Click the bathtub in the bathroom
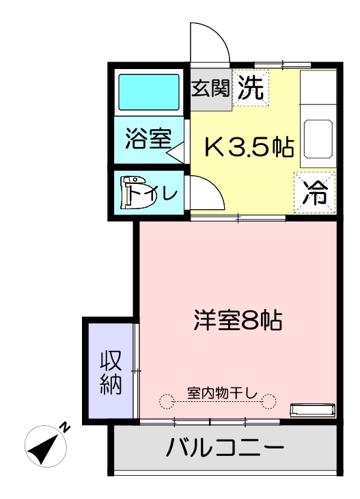click(x=149, y=92)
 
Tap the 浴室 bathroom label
click(x=148, y=139)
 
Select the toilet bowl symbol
click(x=138, y=192)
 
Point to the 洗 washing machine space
click(x=251, y=87)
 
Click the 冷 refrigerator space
click(x=314, y=192)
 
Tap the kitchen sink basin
click(x=318, y=139)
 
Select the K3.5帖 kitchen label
click(x=249, y=146)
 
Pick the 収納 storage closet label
click(x=111, y=373)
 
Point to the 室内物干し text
click(x=222, y=393)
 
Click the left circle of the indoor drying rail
click(x=166, y=401)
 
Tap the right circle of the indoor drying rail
click(x=268, y=401)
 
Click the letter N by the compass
click(x=65, y=427)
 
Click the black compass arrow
click(x=44, y=448)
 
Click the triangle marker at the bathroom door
click(x=176, y=152)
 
